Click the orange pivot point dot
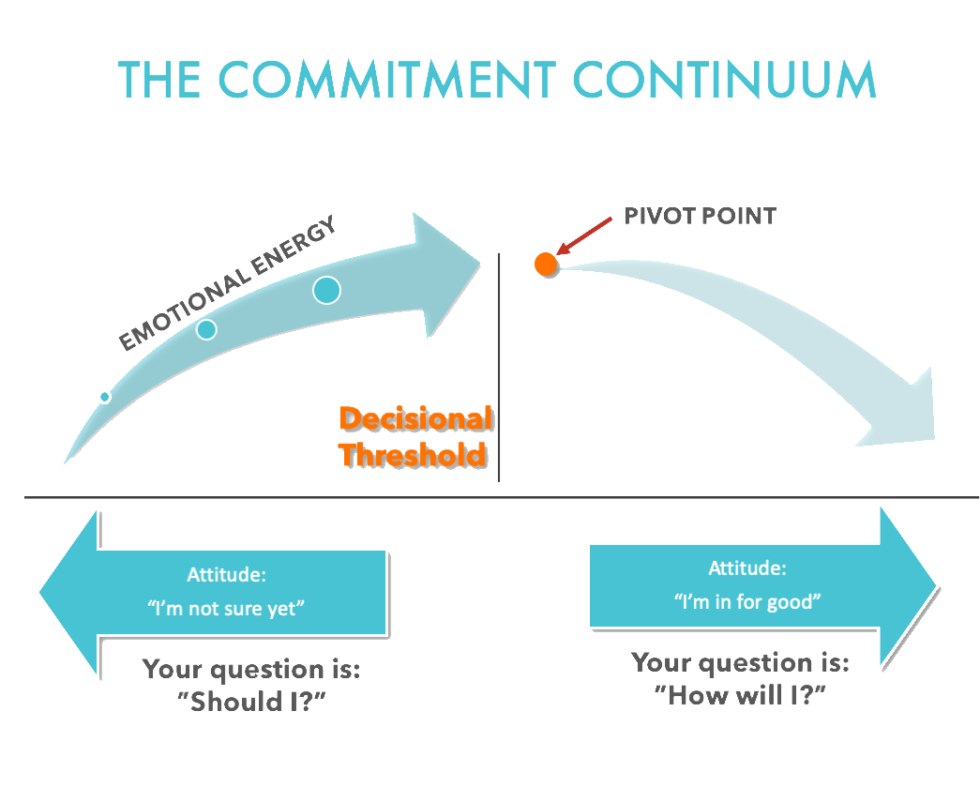point(546,264)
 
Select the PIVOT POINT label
point(700,217)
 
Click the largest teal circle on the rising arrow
point(326,290)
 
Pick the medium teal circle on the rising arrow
point(206,329)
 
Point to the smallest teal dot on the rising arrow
point(104,397)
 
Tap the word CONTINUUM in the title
point(724,82)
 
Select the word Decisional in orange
point(415,419)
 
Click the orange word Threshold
point(414,455)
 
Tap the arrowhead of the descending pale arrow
point(900,413)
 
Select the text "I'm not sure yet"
point(226,607)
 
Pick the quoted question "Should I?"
point(250,702)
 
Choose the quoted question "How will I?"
point(740,695)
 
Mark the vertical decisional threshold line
point(499,375)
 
